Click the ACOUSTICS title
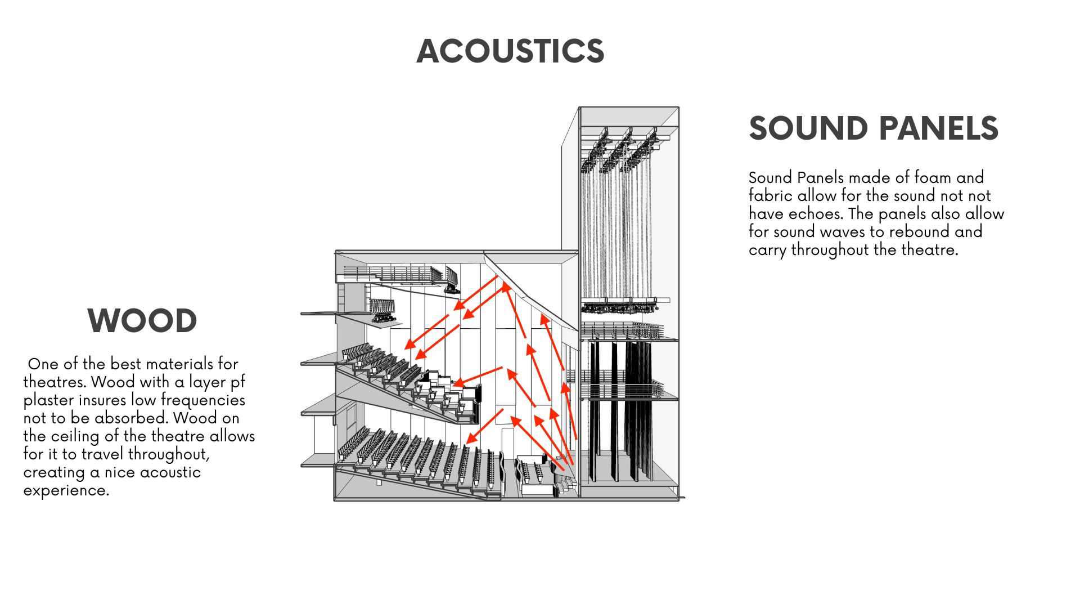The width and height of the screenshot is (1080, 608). click(x=510, y=51)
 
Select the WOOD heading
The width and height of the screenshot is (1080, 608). click(x=142, y=321)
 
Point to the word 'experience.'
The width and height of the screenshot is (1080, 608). click(x=66, y=490)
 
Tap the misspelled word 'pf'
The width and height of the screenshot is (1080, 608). click(x=238, y=382)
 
